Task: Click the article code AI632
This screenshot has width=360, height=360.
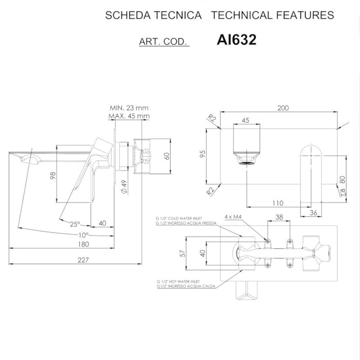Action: (x=237, y=40)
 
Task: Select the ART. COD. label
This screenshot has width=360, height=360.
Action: (x=164, y=41)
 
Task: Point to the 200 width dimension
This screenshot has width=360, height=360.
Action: (x=282, y=107)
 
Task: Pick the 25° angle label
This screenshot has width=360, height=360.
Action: (x=76, y=224)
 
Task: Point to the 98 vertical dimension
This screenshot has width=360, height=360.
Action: (x=52, y=176)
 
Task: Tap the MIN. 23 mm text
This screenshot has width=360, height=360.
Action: (x=129, y=108)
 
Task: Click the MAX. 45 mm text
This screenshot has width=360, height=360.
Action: (x=129, y=116)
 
